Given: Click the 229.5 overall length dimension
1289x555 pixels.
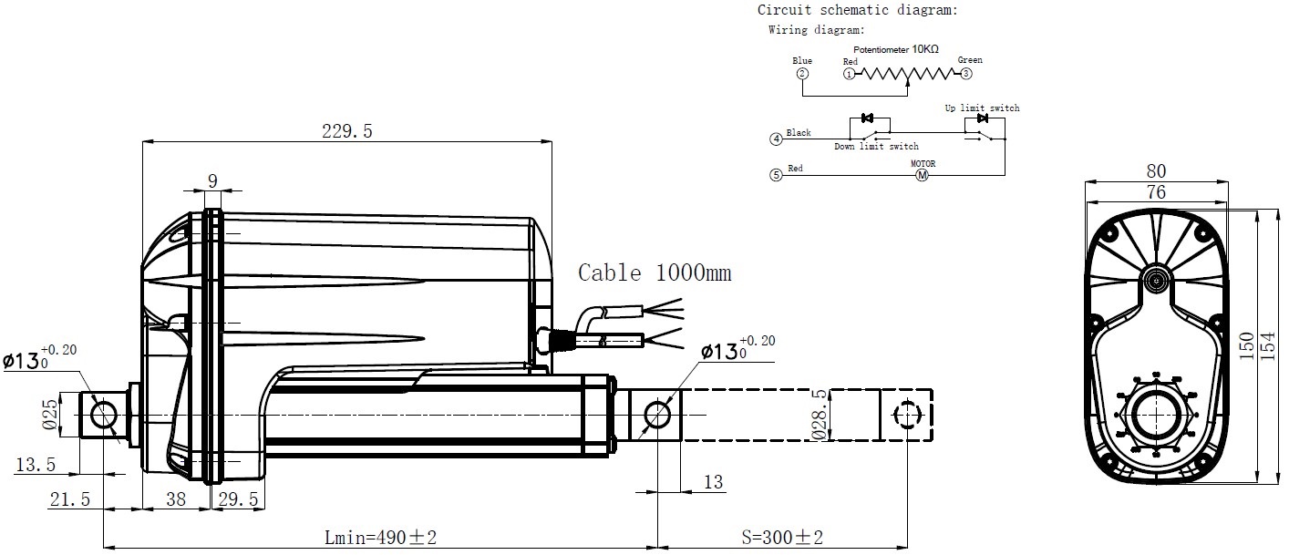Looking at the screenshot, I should (x=346, y=131).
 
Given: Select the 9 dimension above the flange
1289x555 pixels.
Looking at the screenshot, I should (x=212, y=180).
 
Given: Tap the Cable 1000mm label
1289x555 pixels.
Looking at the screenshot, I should (x=655, y=272).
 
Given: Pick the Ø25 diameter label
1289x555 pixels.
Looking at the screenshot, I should (x=50, y=416).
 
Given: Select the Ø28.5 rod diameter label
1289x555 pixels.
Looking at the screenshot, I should (x=820, y=415).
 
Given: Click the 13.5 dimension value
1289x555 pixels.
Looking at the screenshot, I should (x=36, y=465).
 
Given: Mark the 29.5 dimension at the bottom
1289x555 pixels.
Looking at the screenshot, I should (x=239, y=499).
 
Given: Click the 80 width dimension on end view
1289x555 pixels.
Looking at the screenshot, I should (x=1156, y=171).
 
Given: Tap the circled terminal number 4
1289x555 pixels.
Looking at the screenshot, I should (x=776, y=139).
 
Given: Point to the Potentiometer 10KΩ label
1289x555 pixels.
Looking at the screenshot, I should (x=895, y=49).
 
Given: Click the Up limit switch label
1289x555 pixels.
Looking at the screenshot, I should (x=982, y=108).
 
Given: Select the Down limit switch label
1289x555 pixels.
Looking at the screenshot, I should (x=876, y=146).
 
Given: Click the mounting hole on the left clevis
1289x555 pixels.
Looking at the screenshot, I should (x=103, y=416).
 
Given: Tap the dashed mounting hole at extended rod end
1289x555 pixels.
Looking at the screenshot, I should (x=906, y=416).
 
